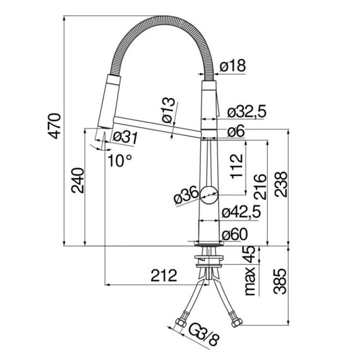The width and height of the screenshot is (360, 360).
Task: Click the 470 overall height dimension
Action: (x=56, y=126)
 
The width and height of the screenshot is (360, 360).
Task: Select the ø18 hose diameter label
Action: (x=232, y=66)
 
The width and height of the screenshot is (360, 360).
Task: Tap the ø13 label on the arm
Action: (x=169, y=110)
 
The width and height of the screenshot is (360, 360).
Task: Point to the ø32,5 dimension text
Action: (x=247, y=111)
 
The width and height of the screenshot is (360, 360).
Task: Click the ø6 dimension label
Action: (x=236, y=131)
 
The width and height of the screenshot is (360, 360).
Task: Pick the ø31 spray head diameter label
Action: (x=125, y=137)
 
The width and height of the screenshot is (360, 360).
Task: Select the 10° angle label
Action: (x=120, y=160)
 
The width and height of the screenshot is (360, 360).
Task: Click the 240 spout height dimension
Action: (x=78, y=181)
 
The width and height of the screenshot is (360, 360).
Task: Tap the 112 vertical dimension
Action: (x=237, y=166)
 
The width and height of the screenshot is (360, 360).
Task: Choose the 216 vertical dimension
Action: (x=260, y=186)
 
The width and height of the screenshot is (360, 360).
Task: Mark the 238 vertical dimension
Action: (x=280, y=184)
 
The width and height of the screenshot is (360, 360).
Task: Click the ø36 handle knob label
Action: (x=186, y=195)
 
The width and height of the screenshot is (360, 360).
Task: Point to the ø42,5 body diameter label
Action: (x=241, y=212)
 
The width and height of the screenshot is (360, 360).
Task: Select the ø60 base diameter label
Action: (x=235, y=234)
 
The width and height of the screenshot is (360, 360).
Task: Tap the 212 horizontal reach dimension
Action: (x=164, y=275)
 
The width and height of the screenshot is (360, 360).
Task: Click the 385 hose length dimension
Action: (x=280, y=281)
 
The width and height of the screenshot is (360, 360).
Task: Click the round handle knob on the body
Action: (x=209, y=195)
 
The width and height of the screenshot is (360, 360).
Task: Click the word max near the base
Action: (x=250, y=281)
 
